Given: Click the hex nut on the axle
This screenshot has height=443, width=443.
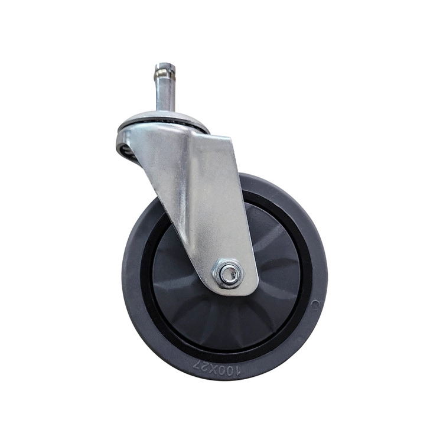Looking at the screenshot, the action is (228, 273).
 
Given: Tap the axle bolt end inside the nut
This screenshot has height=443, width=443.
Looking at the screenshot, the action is (229, 273).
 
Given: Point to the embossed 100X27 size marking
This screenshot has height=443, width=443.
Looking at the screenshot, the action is (217, 368).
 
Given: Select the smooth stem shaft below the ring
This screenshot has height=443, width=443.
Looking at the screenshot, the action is (165, 96).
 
